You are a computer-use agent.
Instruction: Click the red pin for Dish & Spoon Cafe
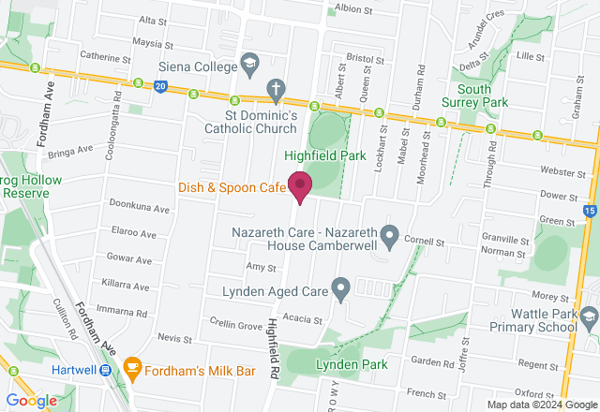point(300,185)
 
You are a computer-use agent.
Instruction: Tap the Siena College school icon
point(249,65)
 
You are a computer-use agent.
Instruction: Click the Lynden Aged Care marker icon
point(341,288)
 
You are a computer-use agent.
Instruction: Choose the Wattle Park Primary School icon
point(588,317)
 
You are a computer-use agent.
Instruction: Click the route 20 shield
point(161,86)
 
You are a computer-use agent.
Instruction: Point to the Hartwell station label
point(78,370)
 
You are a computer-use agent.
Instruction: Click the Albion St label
point(353,9)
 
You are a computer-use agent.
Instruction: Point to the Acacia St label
point(305,319)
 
